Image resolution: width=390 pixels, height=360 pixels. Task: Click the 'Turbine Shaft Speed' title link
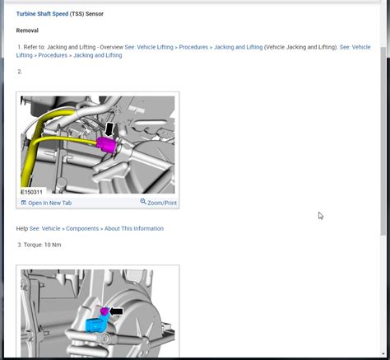tap(42, 14)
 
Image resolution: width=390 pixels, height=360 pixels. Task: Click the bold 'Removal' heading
tap(27, 30)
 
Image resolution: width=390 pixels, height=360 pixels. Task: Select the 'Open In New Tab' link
tap(50, 203)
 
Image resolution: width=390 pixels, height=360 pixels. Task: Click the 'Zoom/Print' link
tap(162, 203)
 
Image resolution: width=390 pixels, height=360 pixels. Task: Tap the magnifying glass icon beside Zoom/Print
tap(143, 202)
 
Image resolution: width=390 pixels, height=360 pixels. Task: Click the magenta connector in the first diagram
tap(106, 144)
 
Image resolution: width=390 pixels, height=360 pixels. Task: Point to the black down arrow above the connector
tap(109, 129)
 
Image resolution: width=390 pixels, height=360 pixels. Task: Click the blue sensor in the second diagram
tap(95, 325)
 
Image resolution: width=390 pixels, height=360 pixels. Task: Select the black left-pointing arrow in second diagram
tap(116, 311)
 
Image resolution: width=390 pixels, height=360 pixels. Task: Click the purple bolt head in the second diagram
tap(104, 311)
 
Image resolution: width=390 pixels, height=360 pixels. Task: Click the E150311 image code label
tap(32, 192)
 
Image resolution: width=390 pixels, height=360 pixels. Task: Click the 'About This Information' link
tap(134, 228)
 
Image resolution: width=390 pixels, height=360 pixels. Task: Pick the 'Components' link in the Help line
tap(82, 228)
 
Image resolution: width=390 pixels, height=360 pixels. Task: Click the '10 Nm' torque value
tap(53, 245)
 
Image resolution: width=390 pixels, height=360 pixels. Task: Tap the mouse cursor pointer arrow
tap(321, 216)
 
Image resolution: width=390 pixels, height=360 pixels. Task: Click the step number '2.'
tap(20, 72)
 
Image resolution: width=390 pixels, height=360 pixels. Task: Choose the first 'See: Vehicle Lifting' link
tap(149, 47)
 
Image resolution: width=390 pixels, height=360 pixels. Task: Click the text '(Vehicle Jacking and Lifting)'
tap(301, 47)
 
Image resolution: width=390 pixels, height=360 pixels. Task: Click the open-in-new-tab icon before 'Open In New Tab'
tap(24, 203)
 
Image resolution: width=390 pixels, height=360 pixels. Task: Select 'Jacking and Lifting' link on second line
tap(98, 55)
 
